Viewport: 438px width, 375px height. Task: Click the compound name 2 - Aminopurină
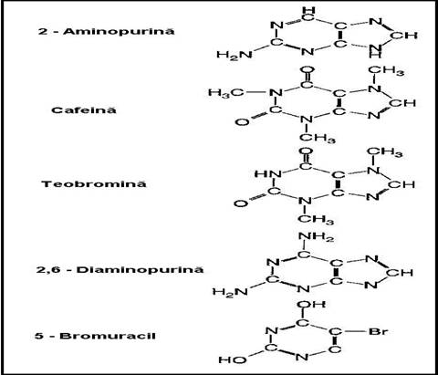(107, 31)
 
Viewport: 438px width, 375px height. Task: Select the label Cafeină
(84, 109)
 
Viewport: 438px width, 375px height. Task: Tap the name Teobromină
(94, 184)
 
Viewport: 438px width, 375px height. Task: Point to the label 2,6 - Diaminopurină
(120, 270)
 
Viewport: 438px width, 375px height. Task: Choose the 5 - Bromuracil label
(95, 336)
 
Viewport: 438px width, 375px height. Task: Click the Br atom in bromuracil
(379, 331)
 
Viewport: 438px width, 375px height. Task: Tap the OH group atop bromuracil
(311, 305)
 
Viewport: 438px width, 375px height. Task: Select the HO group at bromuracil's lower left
(233, 360)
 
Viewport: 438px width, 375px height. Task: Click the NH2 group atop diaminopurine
(317, 237)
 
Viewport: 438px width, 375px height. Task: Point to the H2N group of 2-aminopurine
(235, 55)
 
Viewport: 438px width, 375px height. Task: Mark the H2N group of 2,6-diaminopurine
(231, 292)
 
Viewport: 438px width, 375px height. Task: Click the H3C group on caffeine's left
(226, 92)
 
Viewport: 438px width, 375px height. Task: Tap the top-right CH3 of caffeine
(386, 71)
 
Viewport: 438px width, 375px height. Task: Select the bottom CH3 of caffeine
(318, 138)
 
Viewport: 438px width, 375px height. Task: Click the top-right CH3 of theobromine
(385, 152)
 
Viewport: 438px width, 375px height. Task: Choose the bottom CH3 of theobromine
(316, 220)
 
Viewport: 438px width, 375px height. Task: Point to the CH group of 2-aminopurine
(403, 36)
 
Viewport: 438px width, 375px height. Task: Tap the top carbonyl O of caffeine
(307, 70)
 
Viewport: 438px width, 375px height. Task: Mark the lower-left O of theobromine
(241, 203)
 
